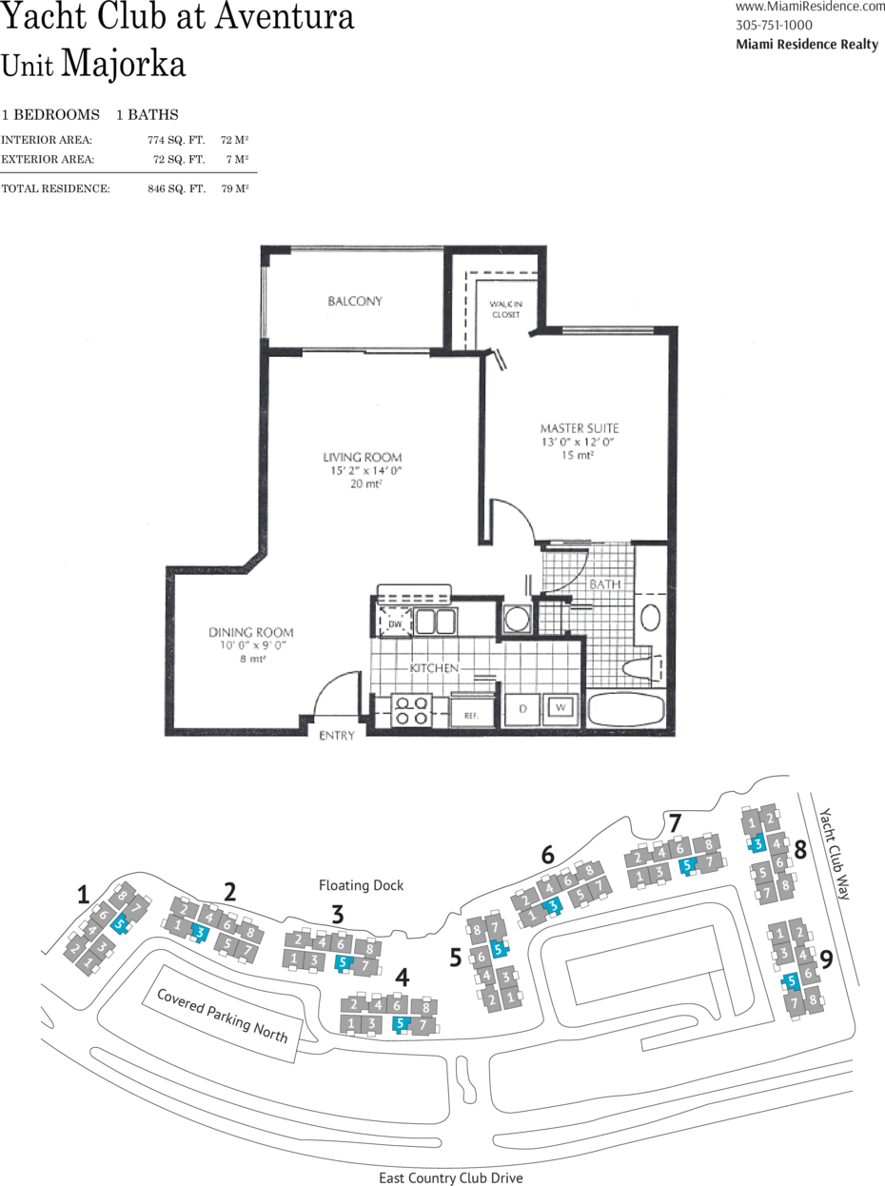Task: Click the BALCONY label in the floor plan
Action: point(355,301)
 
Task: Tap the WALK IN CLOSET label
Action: point(506,309)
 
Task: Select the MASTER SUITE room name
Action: point(580,428)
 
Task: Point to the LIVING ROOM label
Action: point(363,457)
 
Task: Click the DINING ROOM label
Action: point(251,632)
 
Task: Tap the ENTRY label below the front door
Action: point(337,736)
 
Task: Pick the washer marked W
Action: point(560,708)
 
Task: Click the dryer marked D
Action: point(522,708)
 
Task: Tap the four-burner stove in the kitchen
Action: point(411,710)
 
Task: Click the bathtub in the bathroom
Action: point(626,709)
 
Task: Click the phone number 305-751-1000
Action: point(774,25)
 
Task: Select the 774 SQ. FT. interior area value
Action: point(176,140)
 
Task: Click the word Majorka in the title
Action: point(124,65)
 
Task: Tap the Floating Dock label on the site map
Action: point(362,885)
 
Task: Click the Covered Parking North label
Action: point(222,1016)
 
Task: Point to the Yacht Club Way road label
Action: point(835,854)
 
